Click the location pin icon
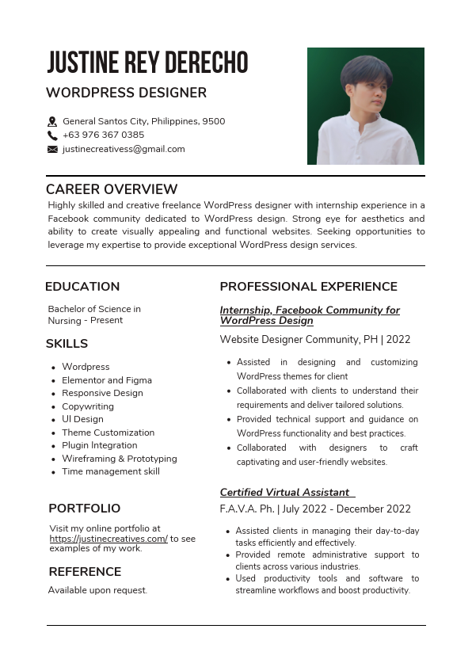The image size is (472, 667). coord(52,122)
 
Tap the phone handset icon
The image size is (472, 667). coord(52,135)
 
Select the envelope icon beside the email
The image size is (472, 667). coord(52,149)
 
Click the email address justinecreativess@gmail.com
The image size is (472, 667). coord(124,149)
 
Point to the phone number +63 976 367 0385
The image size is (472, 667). coord(103,135)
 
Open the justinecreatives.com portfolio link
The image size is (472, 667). coord(108,539)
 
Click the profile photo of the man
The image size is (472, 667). coord(366,106)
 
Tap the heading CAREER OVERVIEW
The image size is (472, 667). coord(112,189)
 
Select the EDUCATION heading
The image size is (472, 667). coord(82,287)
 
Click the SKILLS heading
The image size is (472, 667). coord(67,344)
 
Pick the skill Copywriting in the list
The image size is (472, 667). coord(88,406)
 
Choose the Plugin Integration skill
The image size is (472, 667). coord(100,445)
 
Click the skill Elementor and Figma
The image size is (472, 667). coord(107,380)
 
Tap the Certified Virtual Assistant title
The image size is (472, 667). coord(285,493)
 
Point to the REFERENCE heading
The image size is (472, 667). coord(85,572)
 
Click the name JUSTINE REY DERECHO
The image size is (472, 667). coord(147,62)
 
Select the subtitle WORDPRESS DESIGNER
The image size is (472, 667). coord(126,93)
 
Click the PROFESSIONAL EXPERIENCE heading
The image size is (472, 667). coord(308,287)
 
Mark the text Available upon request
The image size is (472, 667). coord(97,590)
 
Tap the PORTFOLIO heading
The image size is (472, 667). coord(84,509)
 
